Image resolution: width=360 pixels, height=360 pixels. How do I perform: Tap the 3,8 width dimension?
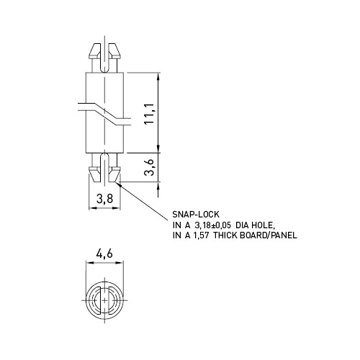[104, 199]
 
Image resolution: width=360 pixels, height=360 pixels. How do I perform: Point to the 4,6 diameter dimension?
[104, 253]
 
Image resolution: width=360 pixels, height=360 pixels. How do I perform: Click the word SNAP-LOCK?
[196, 214]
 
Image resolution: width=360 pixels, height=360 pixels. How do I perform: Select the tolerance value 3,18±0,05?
[212, 225]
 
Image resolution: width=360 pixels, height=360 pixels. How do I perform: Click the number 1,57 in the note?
[200, 235]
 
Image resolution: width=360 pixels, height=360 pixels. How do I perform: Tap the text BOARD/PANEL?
[269, 235]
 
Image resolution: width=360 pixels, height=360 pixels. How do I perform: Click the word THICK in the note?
[225, 235]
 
